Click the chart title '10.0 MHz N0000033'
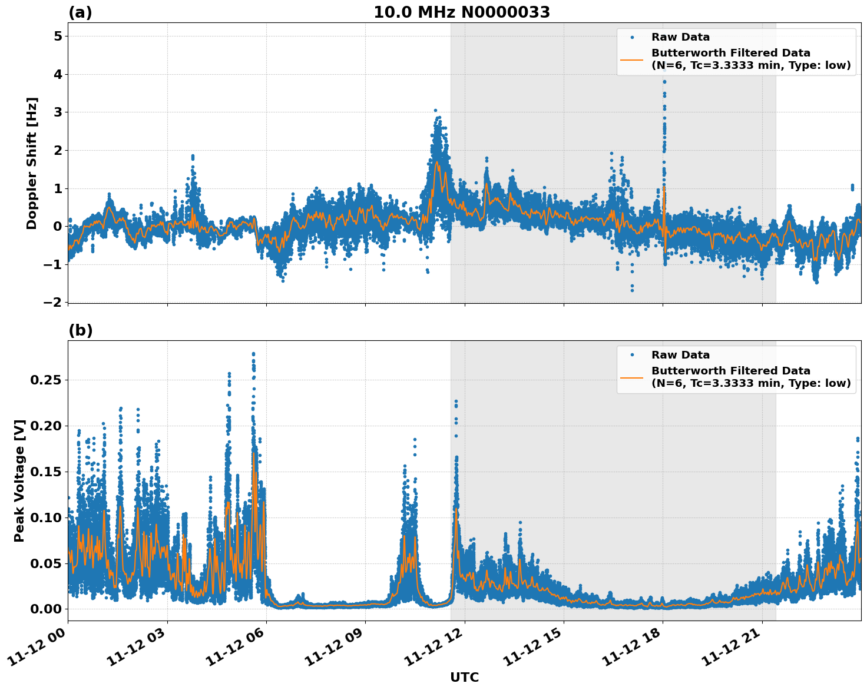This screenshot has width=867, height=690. [462, 12]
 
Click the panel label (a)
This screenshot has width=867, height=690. [80, 12]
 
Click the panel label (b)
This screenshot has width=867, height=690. [80, 330]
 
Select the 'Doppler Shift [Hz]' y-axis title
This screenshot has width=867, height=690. [32, 163]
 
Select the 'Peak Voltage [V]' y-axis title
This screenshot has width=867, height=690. [19, 480]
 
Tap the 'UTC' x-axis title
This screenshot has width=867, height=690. [464, 677]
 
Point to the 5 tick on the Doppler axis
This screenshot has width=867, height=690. [58, 37]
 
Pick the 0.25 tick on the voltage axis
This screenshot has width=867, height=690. [45, 380]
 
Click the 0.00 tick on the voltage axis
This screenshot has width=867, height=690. [45, 609]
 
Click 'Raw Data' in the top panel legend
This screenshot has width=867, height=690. [680, 37]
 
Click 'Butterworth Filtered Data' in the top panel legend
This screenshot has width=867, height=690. [730, 53]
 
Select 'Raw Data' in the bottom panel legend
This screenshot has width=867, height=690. [680, 355]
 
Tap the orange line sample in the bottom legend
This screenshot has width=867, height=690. [632, 377]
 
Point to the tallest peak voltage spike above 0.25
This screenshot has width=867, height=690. [253, 354]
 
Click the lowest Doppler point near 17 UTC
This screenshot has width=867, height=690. [632, 290]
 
